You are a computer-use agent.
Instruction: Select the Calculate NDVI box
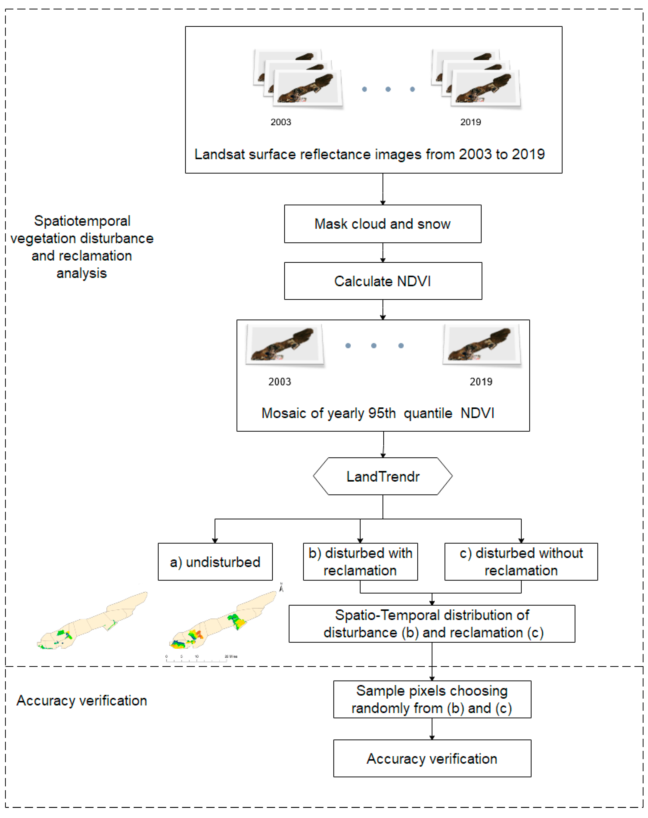click(383, 281)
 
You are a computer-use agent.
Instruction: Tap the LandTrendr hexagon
click(383, 476)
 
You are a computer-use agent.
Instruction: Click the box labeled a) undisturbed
click(215, 562)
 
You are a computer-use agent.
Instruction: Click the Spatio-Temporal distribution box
click(432, 624)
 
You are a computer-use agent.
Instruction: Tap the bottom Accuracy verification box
click(432, 759)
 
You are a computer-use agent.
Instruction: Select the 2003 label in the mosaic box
click(280, 382)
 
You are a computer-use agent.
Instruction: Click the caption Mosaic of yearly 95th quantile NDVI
click(378, 413)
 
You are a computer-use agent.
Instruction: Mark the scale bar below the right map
click(201, 659)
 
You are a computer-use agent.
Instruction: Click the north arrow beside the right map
click(281, 588)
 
